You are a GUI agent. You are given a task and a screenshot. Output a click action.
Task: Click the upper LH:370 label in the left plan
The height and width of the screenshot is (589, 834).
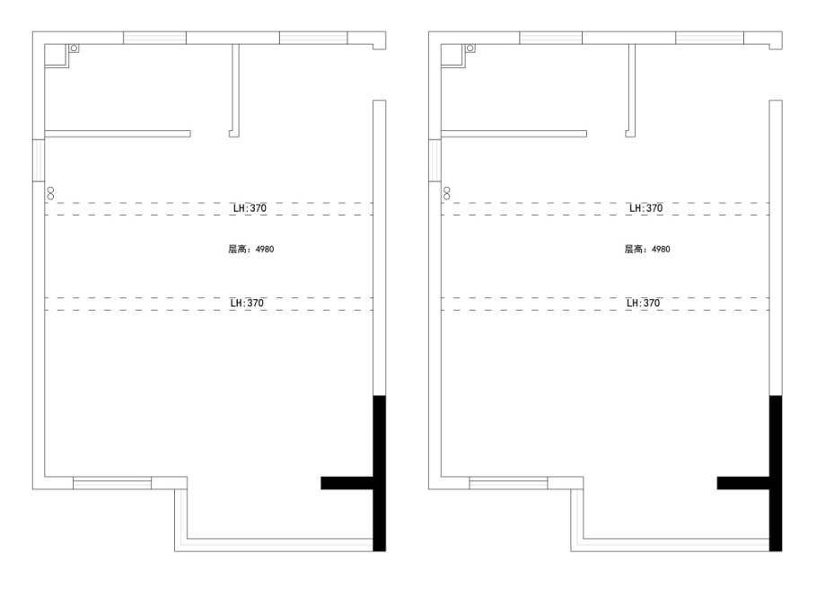(250, 208)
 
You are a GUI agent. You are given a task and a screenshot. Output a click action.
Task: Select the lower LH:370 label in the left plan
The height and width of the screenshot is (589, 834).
(247, 303)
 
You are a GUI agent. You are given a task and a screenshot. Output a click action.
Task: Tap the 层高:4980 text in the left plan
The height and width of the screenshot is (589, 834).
(251, 249)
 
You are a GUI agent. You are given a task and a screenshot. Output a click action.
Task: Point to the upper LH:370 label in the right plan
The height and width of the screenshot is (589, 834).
(646, 208)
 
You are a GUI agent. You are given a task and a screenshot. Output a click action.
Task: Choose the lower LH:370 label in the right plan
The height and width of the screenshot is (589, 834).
(643, 303)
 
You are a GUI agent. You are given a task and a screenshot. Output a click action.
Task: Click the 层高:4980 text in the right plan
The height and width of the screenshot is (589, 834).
(647, 249)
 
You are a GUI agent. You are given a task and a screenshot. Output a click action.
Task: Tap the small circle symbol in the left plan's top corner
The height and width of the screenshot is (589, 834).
(74, 48)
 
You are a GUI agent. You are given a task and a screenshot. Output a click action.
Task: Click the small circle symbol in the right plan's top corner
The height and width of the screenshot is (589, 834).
(470, 48)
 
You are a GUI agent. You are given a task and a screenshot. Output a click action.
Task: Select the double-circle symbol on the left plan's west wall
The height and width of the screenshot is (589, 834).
(50, 193)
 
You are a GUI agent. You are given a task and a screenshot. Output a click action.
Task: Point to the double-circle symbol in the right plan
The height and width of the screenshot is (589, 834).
(447, 193)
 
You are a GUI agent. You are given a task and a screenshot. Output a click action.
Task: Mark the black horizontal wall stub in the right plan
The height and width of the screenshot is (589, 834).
(743, 483)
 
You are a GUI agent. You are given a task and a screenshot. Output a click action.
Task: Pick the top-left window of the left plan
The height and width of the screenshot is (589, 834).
(154, 38)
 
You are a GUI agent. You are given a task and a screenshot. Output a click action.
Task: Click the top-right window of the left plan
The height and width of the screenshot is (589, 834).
(314, 38)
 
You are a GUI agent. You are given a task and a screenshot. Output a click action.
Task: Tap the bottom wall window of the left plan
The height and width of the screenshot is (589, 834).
(112, 483)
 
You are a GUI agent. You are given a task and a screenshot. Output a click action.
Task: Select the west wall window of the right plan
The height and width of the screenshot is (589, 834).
(435, 161)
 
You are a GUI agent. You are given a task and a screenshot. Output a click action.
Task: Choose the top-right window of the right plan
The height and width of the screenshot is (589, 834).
(710, 38)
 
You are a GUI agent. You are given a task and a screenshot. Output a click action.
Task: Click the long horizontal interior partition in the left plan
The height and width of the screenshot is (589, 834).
(118, 134)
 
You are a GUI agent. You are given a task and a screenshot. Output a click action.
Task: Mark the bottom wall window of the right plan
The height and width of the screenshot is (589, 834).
(508, 483)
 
